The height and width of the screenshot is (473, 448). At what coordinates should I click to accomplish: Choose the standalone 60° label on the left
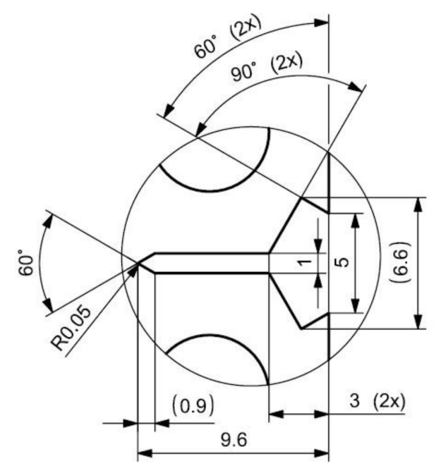pyautogui.click(x=27, y=262)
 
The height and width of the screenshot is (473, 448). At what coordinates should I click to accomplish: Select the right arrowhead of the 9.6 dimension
pyautogui.click(x=323, y=450)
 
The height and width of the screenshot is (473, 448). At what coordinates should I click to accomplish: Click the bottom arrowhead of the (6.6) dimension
pyautogui.click(x=419, y=322)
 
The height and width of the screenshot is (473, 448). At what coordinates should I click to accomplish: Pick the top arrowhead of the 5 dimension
pyautogui.click(x=356, y=219)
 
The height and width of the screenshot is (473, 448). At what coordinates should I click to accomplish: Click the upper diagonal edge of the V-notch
pyautogui.click(x=286, y=224)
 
